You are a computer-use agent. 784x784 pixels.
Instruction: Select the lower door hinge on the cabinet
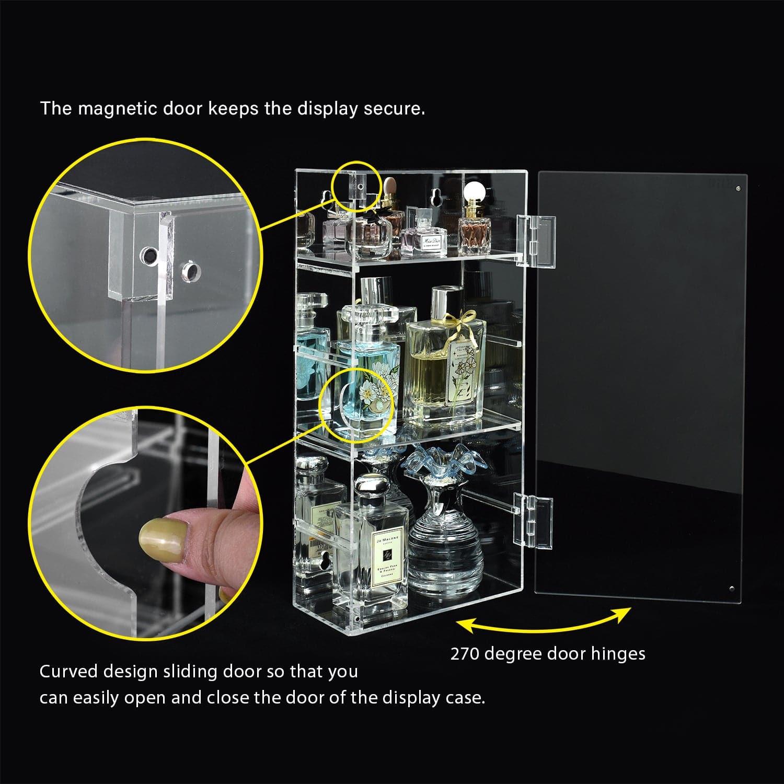click(x=533, y=521)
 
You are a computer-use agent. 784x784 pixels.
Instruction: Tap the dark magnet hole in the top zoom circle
click(x=147, y=256)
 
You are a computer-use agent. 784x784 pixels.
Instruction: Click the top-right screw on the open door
click(x=737, y=189)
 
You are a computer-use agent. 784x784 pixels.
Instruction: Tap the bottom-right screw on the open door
click(x=732, y=589)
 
